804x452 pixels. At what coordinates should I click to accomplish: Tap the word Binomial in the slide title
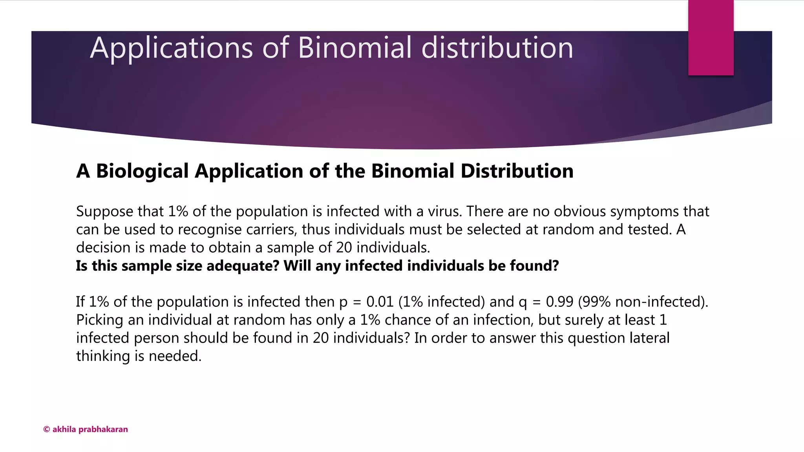[354, 48]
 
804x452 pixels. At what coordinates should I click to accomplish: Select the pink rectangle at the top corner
[711, 38]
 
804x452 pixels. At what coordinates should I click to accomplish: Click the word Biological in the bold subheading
[143, 171]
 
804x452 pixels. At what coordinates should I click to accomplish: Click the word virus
[444, 211]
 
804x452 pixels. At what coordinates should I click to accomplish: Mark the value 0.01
[380, 302]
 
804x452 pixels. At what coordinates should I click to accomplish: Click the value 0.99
[559, 302]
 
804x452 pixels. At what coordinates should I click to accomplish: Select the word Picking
[100, 320]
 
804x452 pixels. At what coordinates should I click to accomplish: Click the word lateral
[649, 338]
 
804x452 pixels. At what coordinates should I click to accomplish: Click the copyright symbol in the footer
[46, 430]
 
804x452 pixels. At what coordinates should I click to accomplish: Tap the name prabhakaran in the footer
[103, 430]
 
